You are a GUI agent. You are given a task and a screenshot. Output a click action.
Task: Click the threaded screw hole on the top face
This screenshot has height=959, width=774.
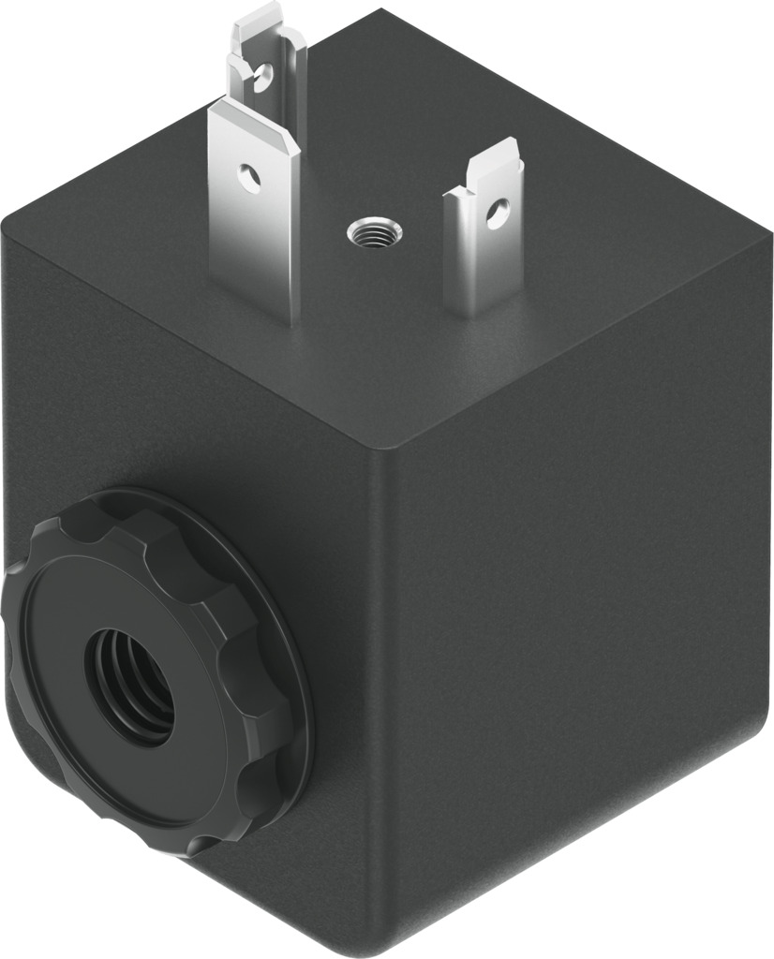tap(375, 229)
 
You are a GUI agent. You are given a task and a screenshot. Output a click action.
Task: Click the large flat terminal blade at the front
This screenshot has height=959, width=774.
tap(255, 215)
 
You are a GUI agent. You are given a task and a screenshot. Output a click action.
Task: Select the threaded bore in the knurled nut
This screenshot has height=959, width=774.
tap(131, 684)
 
